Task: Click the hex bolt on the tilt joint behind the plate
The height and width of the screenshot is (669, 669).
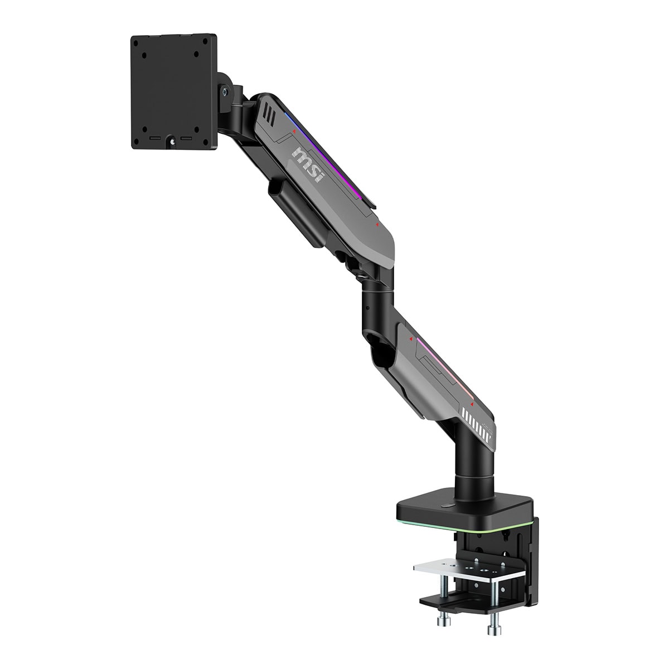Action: click(x=226, y=91)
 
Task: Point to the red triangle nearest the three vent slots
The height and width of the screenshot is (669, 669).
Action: click(x=294, y=132)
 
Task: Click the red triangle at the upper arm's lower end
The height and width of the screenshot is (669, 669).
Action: click(x=377, y=225)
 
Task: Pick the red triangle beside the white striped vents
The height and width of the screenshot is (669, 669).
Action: click(x=472, y=404)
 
